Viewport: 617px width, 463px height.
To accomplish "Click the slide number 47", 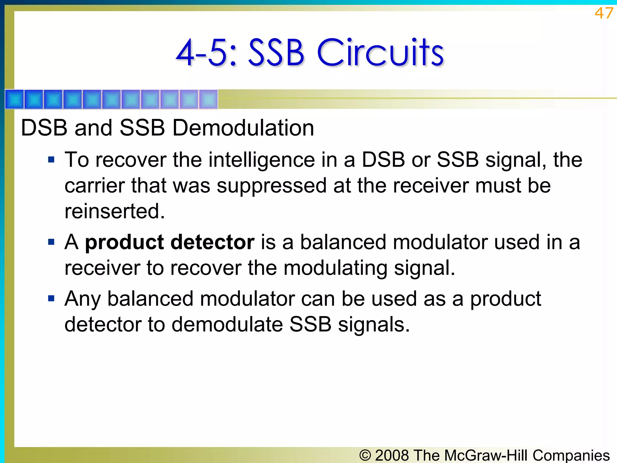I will click(603, 13).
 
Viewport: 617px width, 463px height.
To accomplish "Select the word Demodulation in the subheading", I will click(243, 128).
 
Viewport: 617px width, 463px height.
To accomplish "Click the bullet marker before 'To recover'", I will click(51, 159).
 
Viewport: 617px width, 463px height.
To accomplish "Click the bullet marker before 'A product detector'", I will click(51, 242).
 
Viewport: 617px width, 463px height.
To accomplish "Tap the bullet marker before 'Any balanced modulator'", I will click(51, 299).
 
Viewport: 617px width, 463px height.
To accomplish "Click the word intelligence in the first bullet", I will click(262, 160).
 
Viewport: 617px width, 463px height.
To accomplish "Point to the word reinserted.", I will click(114, 211).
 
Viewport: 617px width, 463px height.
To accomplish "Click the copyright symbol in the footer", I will click(365, 455).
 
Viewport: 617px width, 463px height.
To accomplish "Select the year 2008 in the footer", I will click(392, 455).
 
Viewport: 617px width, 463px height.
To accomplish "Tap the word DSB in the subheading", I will click(44, 128).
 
